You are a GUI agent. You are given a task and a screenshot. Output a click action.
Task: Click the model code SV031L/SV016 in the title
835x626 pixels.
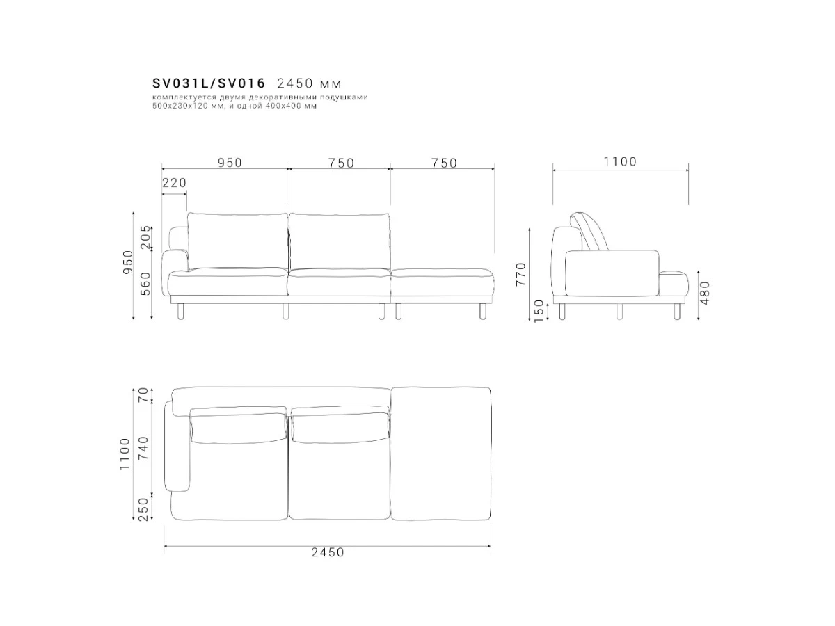coord(209,83)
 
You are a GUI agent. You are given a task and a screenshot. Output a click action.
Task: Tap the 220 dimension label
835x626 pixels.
coord(175,183)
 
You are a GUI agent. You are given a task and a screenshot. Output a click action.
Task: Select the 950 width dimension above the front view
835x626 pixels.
coord(230,163)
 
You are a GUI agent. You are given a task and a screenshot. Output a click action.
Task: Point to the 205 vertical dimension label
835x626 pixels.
coord(145,236)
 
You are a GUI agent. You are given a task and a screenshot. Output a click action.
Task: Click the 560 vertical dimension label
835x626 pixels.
coord(145,284)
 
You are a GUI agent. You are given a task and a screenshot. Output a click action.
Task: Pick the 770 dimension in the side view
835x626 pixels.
coord(520,274)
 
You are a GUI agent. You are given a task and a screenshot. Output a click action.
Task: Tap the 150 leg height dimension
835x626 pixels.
coord(539,311)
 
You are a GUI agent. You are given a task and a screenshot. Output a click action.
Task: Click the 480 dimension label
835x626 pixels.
coord(704,293)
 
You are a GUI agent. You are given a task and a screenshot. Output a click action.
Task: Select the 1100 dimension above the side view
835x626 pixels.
coord(621,161)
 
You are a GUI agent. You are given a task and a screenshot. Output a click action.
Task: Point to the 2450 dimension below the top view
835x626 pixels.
coord(328,552)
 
